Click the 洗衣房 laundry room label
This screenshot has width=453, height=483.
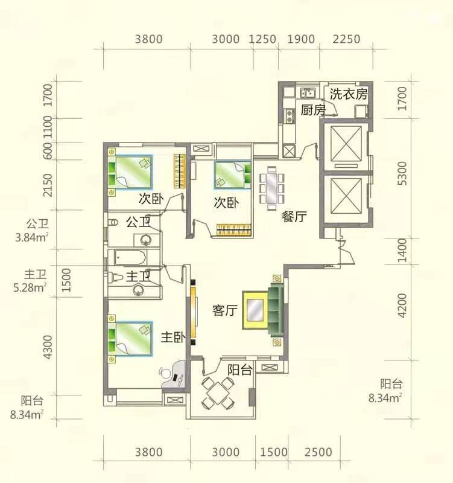pos(349,94)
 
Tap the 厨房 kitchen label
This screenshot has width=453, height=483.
pos(313,110)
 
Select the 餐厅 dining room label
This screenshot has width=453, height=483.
pos(294,217)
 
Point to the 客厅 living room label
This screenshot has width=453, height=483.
pos(224,310)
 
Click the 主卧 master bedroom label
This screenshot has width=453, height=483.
pos(173,337)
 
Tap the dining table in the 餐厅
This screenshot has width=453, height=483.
pos(272,188)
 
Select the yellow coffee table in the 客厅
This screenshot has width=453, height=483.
pos(255,310)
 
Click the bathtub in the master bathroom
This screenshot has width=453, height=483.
pos(130,258)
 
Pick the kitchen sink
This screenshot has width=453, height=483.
pos(308,92)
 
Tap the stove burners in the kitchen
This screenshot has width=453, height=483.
pos(290,115)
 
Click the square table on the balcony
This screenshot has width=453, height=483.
pos(218,392)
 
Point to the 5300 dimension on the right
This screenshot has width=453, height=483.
pos(402,173)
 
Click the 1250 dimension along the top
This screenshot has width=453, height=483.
pos(262,39)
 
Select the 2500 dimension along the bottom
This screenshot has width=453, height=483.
pos(318,452)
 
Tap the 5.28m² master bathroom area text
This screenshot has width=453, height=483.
pos(30,288)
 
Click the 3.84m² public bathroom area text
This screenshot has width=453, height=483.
pos(32,237)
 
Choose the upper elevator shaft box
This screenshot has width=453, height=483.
pos(346,144)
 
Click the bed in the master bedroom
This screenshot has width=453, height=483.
pos(130,339)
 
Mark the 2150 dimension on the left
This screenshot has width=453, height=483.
pos(48,185)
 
